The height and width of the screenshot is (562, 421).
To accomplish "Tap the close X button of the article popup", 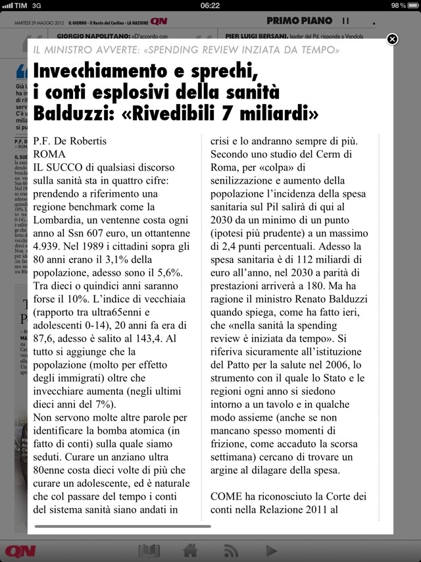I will pos(392,39).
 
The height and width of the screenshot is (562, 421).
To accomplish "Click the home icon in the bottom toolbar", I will pos(191,550).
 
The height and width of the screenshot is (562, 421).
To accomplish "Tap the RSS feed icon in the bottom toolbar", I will pos(230,550).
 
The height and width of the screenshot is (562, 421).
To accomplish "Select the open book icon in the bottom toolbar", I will pos(149,550).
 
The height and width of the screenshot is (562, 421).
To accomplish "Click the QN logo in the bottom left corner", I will pos(20,550).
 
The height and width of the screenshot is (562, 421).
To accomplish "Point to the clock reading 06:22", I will pos(210,5).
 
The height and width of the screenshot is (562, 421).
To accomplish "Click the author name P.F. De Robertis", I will pos(69,141).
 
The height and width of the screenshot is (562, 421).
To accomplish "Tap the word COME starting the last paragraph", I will pos(228,496).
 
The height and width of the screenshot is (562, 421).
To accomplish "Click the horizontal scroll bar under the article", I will pos(122,526).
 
